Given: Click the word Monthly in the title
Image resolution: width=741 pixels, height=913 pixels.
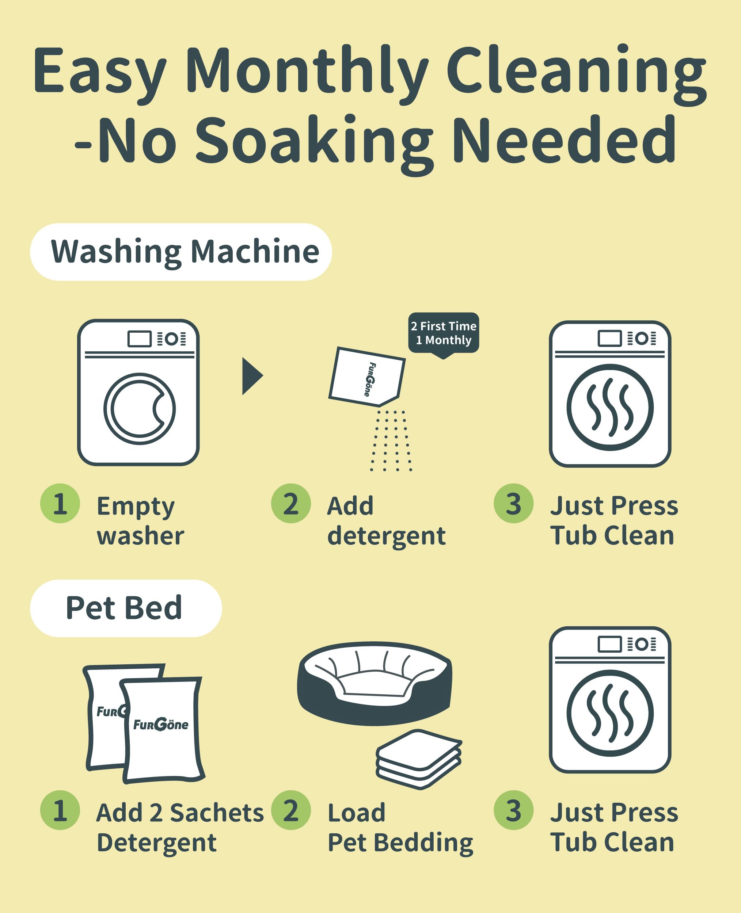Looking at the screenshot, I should [x=307, y=70].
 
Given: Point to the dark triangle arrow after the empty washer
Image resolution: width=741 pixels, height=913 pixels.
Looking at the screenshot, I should [x=252, y=376].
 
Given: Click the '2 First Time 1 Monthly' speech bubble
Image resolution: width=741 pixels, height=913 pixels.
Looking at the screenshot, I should [x=444, y=333].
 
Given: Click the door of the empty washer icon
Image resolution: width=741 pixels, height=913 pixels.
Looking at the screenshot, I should [x=139, y=409].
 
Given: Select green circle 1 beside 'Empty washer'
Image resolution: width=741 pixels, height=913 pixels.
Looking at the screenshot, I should [x=60, y=504].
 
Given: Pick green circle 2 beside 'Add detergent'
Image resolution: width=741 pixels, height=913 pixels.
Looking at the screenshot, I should [x=291, y=504].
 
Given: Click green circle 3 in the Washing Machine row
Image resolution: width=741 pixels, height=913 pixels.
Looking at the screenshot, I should [x=513, y=504].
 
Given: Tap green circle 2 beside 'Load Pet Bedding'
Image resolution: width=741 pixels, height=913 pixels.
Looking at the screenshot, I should [x=291, y=810].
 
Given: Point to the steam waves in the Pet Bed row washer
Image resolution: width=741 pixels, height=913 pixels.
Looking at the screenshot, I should [x=610, y=713].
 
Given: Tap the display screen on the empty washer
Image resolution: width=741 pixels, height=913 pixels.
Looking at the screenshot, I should [x=140, y=339].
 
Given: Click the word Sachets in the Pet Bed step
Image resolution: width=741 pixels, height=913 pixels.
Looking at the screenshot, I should [x=217, y=813].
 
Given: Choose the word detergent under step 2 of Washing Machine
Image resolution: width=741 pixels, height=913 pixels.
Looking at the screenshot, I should [x=386, y=536].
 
